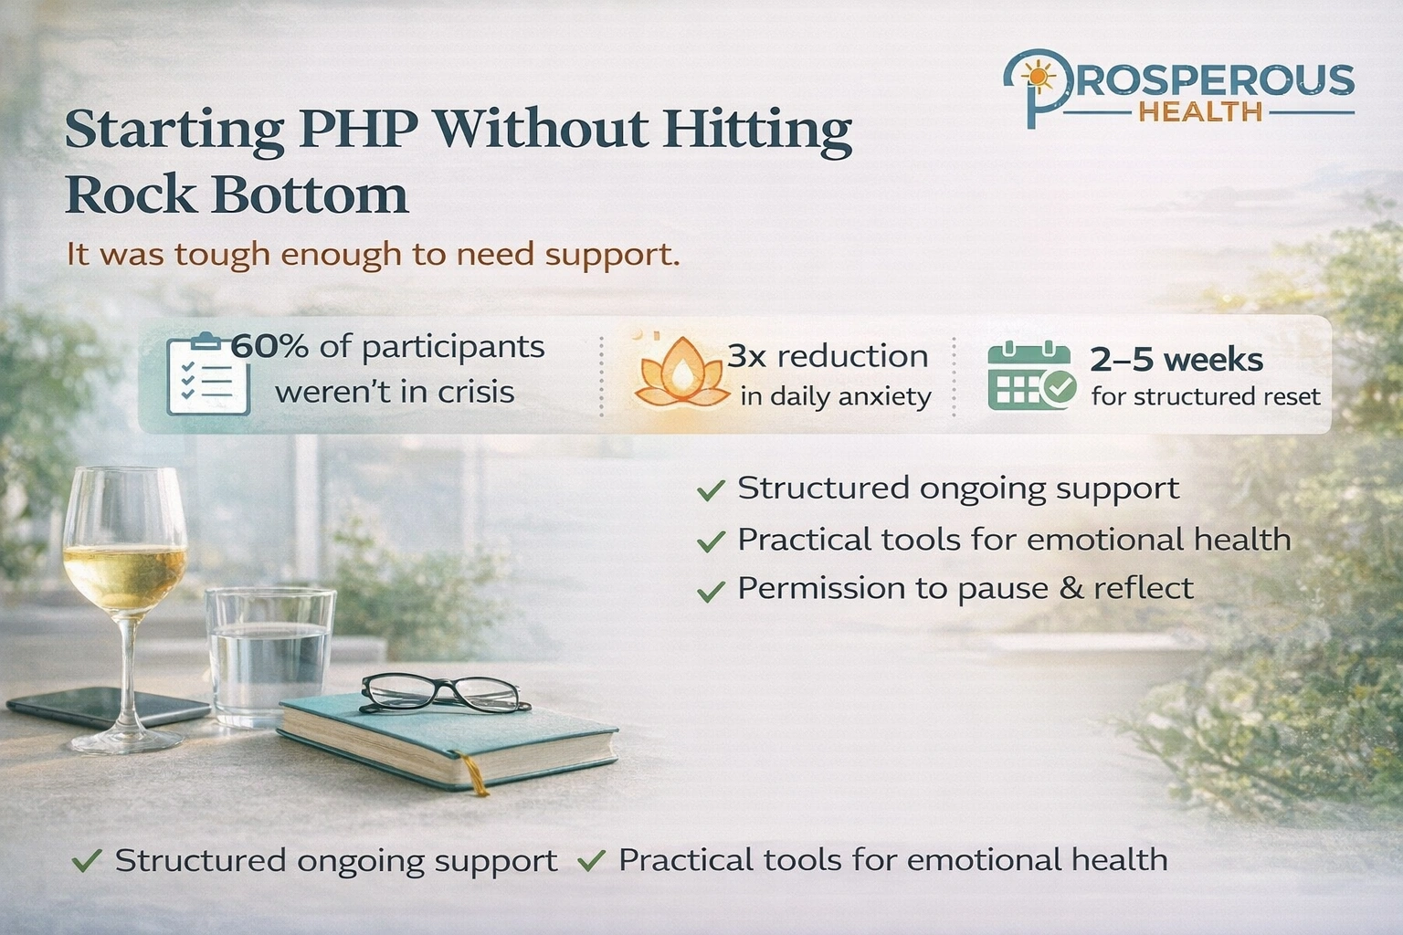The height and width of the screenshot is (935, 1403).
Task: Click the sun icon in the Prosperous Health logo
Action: click(x=1037, y=74)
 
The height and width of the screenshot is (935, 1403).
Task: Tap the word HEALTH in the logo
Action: click(x=1201, y=112)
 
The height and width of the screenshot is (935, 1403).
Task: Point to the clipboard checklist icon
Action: click(x=208, y=375)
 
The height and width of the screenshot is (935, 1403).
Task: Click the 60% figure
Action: click(x=269, y=347)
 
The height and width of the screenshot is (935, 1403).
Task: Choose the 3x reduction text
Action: click(x=828, y=356)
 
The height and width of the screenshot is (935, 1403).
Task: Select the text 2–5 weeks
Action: click(x=1176, y=360)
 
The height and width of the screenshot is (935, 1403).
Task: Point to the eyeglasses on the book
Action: click(x=445, y=693)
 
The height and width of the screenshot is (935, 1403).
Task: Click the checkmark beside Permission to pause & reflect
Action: click(x=710, y=592)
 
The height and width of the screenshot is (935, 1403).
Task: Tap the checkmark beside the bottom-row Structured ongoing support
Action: click(x=87, y=860)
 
